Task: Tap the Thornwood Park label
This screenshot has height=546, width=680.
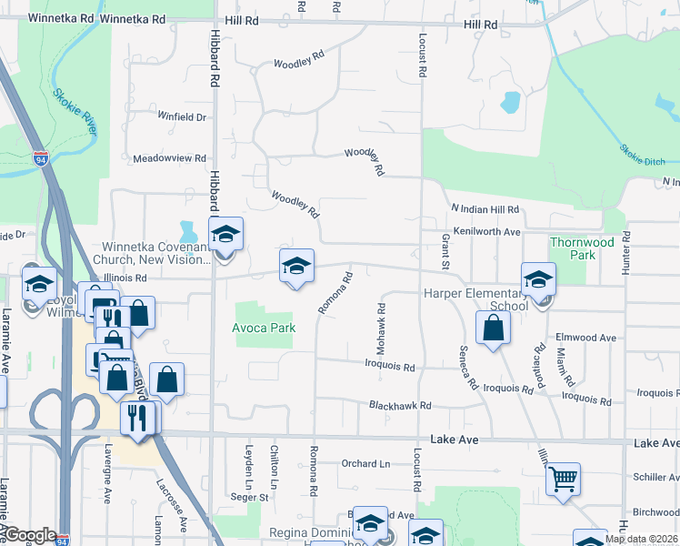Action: pos(581,248)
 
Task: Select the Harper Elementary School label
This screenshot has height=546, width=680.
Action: pos(475,299)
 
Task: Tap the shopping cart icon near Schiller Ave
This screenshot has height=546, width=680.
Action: pos(563,478)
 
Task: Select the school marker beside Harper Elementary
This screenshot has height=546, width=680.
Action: pos(538,279)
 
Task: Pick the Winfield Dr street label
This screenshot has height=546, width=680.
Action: pos(182,116)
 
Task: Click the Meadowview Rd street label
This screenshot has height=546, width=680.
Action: pos(169,157)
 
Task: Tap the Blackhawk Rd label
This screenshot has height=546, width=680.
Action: pos(399,405)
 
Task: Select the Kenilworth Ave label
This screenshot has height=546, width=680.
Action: pos(487,232)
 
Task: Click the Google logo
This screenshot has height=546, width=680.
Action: pos(30,535)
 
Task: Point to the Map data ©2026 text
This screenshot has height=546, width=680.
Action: pos(642,539)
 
